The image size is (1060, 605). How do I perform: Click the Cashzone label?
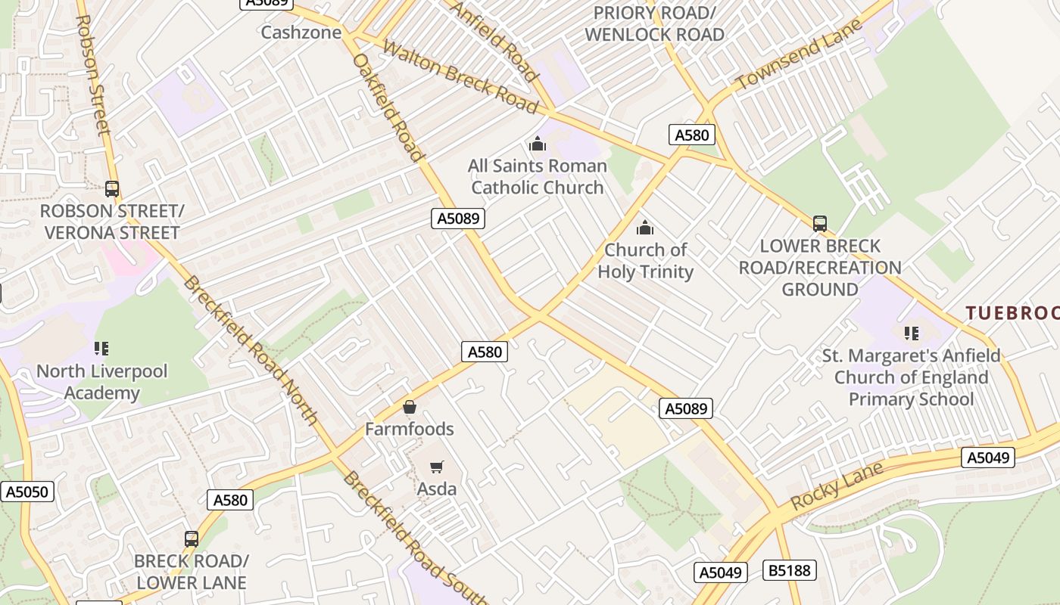click(x=301, y=33)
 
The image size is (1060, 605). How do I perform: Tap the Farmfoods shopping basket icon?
click(x=410, y=408)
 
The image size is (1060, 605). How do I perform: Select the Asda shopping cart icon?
click(x=437, y=467)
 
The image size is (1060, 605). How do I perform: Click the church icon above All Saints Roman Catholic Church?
click(x=538, y=144)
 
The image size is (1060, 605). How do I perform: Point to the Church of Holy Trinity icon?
click(x=645, y=228)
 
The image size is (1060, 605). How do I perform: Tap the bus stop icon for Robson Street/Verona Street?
click(x=112, y=189)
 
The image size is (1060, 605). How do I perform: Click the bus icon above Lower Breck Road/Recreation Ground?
click(x=820, y=224)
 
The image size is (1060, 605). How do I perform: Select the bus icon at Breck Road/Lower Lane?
click(x=192, y=539)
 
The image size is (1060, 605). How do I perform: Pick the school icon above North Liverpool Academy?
click(x=101, y=349)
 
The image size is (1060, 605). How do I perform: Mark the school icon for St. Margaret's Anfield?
click(x=912, y=334)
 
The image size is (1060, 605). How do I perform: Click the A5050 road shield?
click(x=26, y=492)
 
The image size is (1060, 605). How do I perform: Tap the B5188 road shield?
click(x=790, y=570)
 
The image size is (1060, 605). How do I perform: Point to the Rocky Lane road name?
click(x=837, y=485)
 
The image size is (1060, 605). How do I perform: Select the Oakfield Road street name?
click(x=388, y=107)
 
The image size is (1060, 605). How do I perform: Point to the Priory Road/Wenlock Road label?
click(x=654, y=24)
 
